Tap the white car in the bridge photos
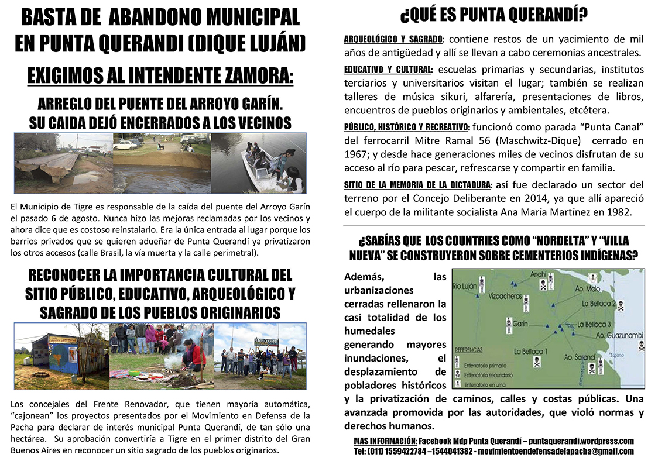pos(125,144)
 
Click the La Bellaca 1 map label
pos(530,352)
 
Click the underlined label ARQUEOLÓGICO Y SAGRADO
pos(393,40)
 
